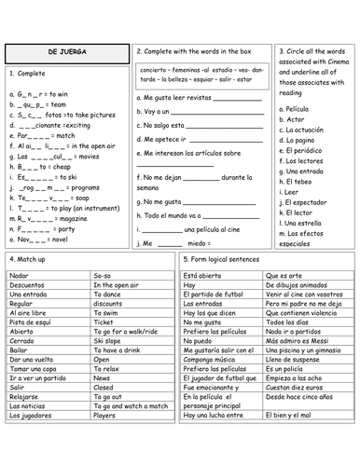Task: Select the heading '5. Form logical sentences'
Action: [225, 258]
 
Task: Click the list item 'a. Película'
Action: [297, 109]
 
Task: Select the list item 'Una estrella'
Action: [303, 224]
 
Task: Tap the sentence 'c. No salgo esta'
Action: [168, 124]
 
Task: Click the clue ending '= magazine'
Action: [50, 218]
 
